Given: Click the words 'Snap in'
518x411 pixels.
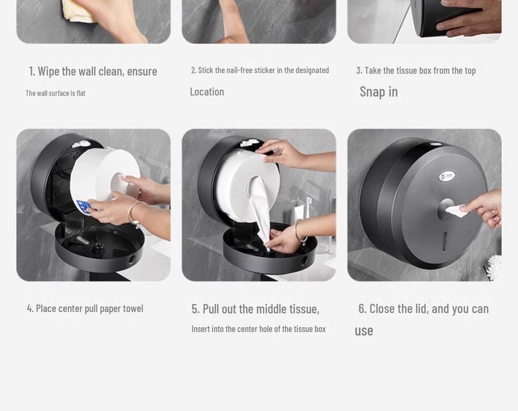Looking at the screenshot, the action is pos(378,92).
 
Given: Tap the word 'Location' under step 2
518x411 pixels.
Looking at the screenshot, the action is pos(207,92).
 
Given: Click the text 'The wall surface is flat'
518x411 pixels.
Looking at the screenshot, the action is pos(56,93).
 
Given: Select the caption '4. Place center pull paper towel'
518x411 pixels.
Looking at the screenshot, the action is pos(85,308).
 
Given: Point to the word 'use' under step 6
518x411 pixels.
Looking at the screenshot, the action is pos(364,331).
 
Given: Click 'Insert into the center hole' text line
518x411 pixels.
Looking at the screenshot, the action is pos(258,329).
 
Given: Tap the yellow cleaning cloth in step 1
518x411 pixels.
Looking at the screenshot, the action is pos(78,11).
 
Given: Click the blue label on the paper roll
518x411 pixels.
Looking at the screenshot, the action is pos(83,207).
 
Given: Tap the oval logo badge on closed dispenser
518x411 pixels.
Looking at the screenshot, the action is pos(447,176).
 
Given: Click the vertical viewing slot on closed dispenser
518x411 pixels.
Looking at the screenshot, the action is pos(445,241).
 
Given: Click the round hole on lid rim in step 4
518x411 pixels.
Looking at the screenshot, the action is pos(132,260).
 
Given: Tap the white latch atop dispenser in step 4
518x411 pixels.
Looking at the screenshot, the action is pos(81,144).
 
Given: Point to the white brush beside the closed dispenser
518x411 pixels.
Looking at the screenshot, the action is pos(494,267).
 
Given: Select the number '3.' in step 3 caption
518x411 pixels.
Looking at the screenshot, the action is pos(359,70).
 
